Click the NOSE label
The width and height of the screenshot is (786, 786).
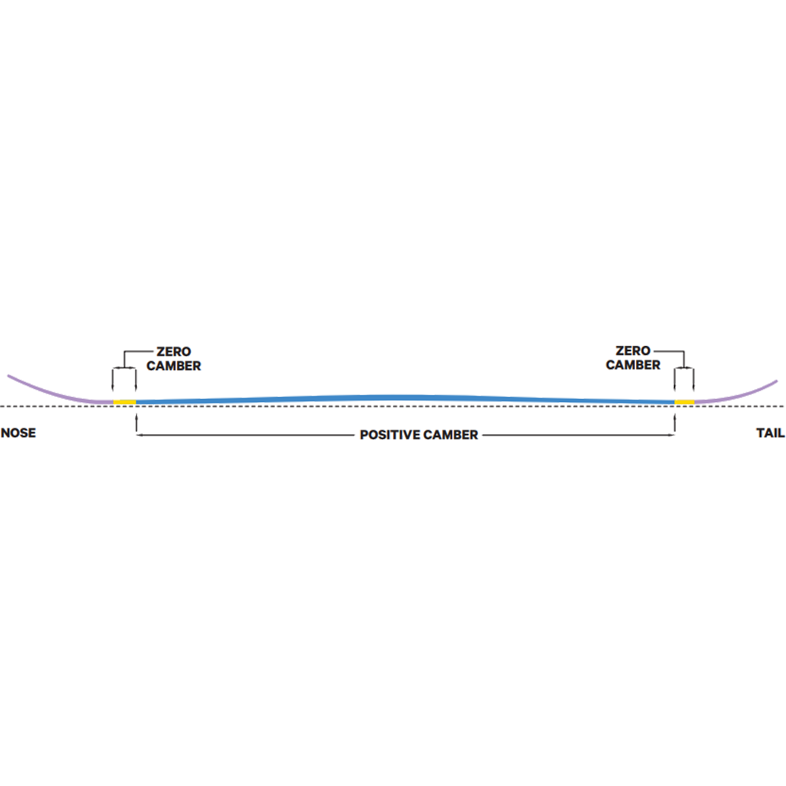click(18, 432)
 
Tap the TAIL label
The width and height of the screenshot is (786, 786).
click(770, 432)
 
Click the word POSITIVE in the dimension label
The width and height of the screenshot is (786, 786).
click(390, 435)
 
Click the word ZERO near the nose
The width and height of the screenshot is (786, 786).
click(174, 352)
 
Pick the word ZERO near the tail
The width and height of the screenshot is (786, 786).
click(633, 351)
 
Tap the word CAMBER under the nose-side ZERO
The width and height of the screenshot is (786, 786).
click(174, 366)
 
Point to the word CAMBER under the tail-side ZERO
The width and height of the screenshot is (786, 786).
click(633, 365)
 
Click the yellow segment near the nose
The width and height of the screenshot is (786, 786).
click(124, 402)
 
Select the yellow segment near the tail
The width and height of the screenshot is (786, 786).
click(684, 402)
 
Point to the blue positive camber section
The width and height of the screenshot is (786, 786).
click(405, 398)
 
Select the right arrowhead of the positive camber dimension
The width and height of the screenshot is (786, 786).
click(671, 435)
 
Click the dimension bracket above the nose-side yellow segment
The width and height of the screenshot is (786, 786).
click(124, 368)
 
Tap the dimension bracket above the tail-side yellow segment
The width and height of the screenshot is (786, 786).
click(684, 368)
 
